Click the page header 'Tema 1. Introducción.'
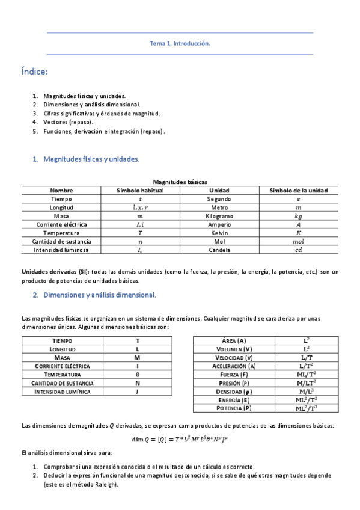[x=180, y=43]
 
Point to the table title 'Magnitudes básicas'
[x=180, y=181]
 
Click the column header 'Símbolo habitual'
[x=139, y=190]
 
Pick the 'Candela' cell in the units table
[x=219, y=249]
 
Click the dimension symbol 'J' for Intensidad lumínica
[x=138, y=391]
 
